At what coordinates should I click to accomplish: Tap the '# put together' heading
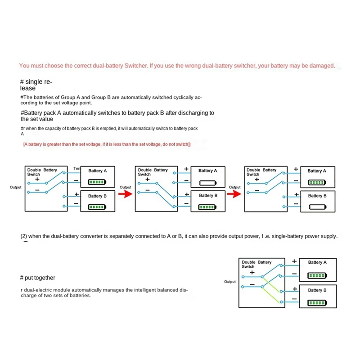[x=38, y=278]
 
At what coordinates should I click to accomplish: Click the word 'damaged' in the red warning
[x=323, y=66]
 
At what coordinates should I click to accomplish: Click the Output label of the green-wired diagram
[x=229, y=282]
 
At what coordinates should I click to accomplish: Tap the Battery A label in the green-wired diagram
[x=317, y=262]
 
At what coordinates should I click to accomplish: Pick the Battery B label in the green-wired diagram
[x=317, y=290]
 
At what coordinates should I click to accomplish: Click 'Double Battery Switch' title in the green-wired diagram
[x=256, y=264]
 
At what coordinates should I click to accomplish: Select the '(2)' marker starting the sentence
[x=24, y=236]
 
